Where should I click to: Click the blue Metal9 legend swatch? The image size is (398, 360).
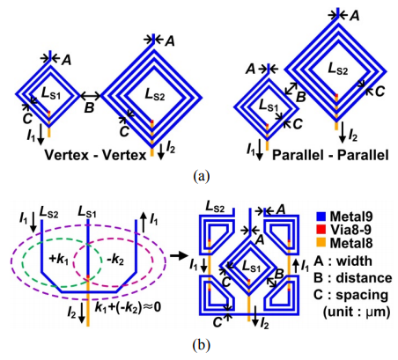click(x=321, y=217)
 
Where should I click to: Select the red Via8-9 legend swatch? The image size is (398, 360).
click(x=321, y=230)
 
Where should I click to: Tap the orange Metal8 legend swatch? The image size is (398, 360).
click(x=321, y=243)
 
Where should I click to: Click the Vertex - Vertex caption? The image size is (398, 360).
click(x=96, y=155)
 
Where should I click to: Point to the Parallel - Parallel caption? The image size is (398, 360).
click(x=330, y=155)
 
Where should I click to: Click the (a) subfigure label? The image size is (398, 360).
click(x=202, y=176)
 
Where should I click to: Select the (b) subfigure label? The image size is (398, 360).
click(x=202, y=345)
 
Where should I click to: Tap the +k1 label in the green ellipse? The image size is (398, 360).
click(x=58, y=260)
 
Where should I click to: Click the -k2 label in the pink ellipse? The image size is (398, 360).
click(x=114, y=261)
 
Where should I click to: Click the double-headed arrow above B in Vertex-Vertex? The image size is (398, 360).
click(x=91, y=95)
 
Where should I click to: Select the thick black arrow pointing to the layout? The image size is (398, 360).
click(x=179, y=256)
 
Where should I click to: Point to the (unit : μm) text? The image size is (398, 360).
click(x=357, y=312)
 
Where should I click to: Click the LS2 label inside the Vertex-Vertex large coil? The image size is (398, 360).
click(x=155, y=94)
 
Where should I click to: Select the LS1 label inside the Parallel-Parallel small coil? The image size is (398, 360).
click(x=269, y=106)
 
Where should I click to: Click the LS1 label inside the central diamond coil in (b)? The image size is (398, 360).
click(x=251, y=267)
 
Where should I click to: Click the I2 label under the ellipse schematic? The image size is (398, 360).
click(x=72, y=313)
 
